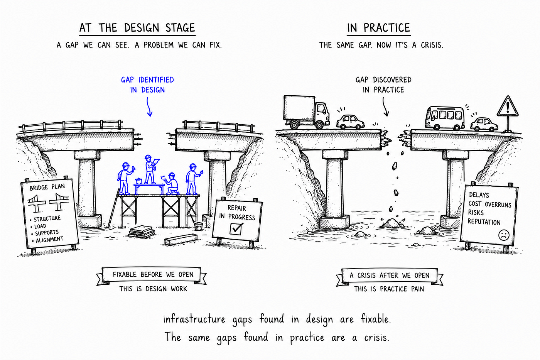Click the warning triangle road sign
coord(508,107)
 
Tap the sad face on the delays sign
coord(504,235)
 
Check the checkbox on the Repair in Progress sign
coord(236,228)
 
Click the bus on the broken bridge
coord(445,118)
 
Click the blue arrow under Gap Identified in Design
coord(149,107)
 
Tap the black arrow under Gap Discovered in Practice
coord(385,107)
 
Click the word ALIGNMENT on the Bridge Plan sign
coord(49,240)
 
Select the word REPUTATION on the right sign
coord(484,221)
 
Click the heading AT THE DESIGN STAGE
coord(137,28)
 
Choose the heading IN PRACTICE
coord(378,28)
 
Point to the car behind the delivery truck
coord(350,122)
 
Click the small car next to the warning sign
coord(484,124)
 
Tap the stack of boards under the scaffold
coord(142,232)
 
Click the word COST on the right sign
coord(475,203)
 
